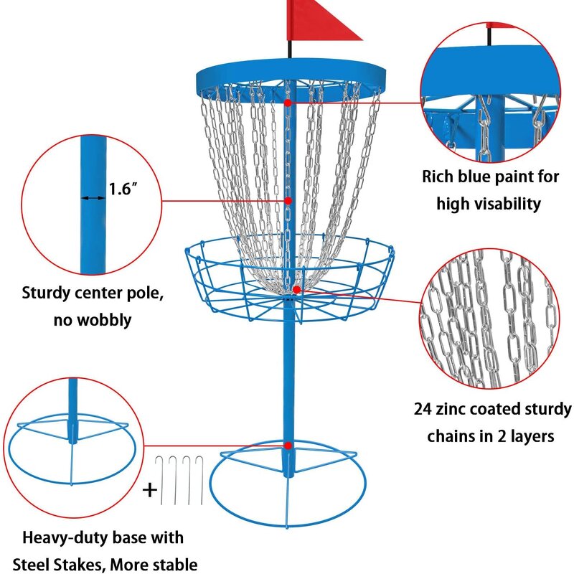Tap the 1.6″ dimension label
click(123, 189)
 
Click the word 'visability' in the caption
click(508, 204)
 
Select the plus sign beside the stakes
click(149, 490)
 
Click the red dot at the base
click(288, 446)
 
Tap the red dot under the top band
click(288, 103)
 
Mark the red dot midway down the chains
click(288, 201)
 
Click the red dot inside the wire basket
click(296, 289)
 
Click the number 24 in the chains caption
click(423, 410)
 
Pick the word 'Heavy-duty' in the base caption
click(65, 537)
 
